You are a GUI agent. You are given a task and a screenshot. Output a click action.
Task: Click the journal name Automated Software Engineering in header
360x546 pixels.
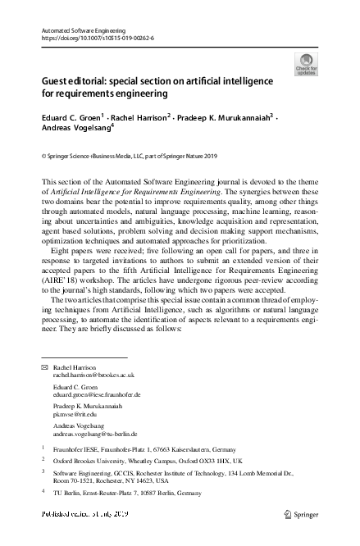pos(82,30)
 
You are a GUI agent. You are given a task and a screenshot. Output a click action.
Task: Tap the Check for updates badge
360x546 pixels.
pos(306,64)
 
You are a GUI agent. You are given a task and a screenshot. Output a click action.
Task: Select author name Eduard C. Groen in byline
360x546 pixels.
pos(70,118)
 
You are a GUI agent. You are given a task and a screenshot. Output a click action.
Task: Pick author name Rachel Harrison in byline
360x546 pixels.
pos(136,118)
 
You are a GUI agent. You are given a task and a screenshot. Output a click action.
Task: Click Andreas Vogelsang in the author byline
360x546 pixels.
pos(74,129)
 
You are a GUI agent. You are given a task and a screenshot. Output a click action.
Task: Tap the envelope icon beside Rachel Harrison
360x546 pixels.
pos(44,368)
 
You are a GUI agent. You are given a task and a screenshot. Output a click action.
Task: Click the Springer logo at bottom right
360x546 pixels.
pos(299,514)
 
